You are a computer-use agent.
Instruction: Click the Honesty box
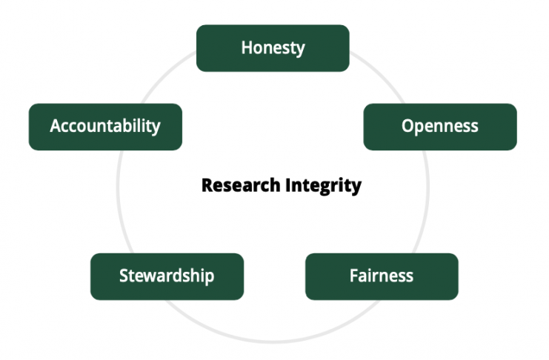click(273, 48)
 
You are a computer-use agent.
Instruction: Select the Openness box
click(440, 127)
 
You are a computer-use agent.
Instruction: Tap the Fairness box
click(382, 276)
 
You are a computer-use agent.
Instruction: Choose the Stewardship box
click(167, 276)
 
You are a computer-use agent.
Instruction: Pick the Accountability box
click(105, 127)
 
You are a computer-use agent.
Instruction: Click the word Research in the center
click(241, 185)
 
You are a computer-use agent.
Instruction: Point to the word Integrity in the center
click(323, 186)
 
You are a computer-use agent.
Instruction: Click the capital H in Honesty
click(247, 47)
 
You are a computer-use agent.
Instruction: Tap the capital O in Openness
click(408, 126)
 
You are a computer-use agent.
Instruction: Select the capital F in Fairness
click(354, 276)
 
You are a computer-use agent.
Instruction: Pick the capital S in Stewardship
click(124, 276)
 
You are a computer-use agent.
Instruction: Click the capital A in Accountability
click(56, 126)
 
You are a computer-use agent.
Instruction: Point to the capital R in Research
click(207, 185)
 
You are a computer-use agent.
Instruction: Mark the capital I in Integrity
click(287, 185)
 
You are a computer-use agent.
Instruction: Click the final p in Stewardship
click(210, 278)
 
